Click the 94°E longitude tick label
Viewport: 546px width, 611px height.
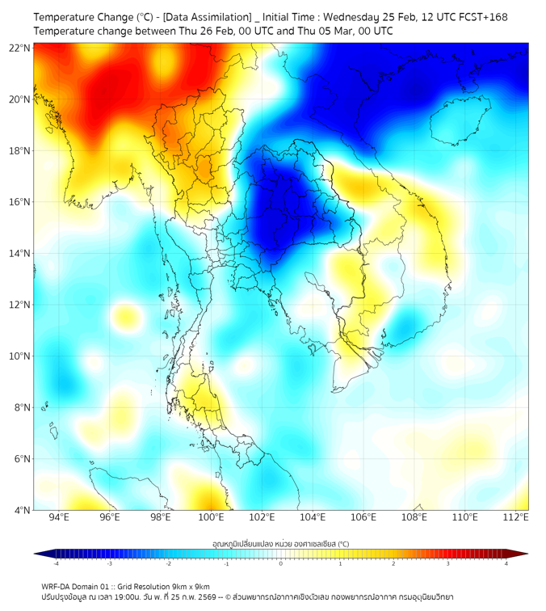click(58, 517)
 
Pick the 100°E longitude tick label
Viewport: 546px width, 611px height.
click(211, 517)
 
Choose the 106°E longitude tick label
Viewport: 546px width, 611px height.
click(363, 517)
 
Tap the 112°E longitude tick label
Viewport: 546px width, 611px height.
click(517, 517)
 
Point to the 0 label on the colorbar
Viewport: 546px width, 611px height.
click(281, 563)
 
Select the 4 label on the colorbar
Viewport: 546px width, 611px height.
click(506, 563)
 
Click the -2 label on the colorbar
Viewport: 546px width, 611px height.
click(168, 563)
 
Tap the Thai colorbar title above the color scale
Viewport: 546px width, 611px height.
click(281, 543)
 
